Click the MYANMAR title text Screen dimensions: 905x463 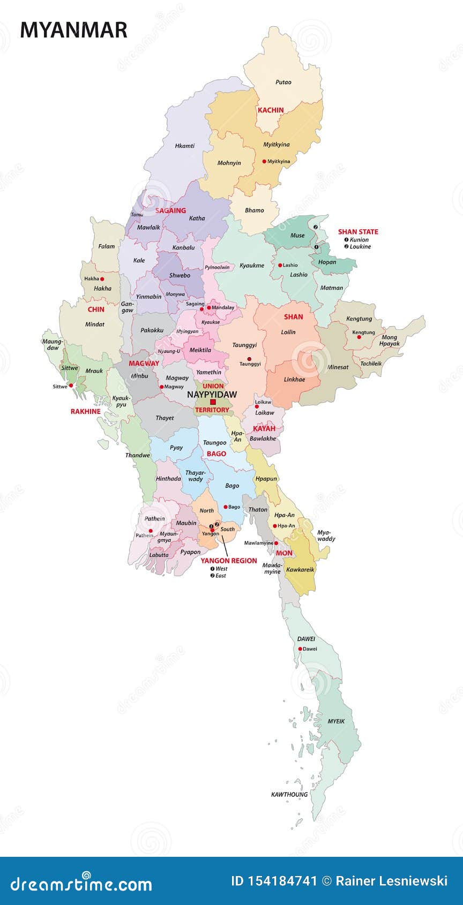pos(73,30)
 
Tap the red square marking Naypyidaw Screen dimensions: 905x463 pos(213,402)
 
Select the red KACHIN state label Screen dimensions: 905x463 pos(271,110)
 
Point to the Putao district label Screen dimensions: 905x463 pos(283,82)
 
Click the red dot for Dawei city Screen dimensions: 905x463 pos(300,649)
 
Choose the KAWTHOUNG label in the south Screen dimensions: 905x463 pos(289,794)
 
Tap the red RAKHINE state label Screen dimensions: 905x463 pos(85,411)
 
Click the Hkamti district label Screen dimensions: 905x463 pos(185,146)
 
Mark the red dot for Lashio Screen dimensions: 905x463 pos(280,265)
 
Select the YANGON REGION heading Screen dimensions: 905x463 pos(229,561)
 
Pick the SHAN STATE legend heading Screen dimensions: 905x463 pos(358,232)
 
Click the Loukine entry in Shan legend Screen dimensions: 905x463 pos(360,246)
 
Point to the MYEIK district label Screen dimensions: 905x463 pos(336,721)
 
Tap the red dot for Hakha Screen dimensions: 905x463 pos(102,279)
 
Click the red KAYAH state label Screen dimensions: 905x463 pos(264,428)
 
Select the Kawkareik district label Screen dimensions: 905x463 pos(300,569)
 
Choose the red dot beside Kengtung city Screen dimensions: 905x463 pos(351,333)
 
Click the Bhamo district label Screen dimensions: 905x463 pos(255,210)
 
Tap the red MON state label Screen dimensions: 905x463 pos(284,553)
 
